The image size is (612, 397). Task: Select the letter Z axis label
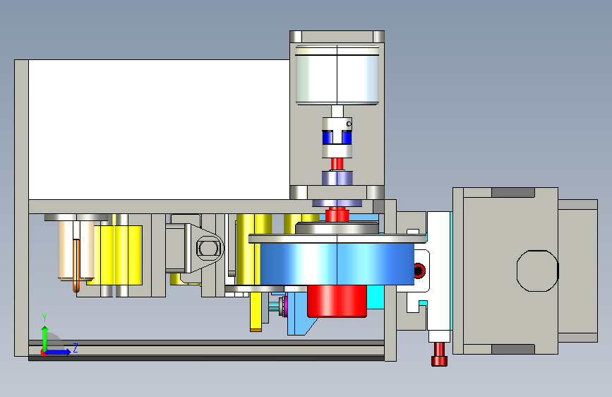point(76,348)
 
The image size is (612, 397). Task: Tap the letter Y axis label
point(44,318)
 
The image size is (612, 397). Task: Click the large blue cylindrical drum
point(337,263)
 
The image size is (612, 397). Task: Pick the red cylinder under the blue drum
point(337,300)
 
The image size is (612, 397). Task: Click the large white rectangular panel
point(160,129)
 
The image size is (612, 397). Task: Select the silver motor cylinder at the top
point(337,76)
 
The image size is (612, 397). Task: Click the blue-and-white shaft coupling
point(337,138)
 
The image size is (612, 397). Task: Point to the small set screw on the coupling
point(349,124)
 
